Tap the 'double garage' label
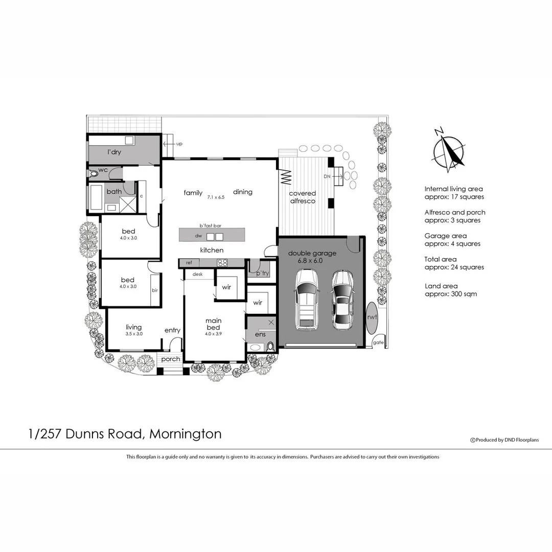[x=312, y=253]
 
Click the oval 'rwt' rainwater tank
[x=372, y=317]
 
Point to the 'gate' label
[x=378, y=342]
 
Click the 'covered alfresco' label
[x=303, y=197]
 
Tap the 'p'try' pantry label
[x=263, y=273]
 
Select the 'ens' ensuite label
[x=260, y=334]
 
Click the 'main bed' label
[x=213, y=324]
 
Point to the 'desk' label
[x=198, y=274]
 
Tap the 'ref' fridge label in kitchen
[x=189, y=263]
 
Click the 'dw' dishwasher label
[x=198, y=236]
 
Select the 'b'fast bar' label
[x=210, y=225]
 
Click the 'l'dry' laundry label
[x=114, y=152]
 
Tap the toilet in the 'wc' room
[x=94, y=174]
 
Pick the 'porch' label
[x=171, y=359]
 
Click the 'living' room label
[x=134, y=327]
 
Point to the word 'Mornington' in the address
[x=187, y=434]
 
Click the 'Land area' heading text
[x=441, y=286]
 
